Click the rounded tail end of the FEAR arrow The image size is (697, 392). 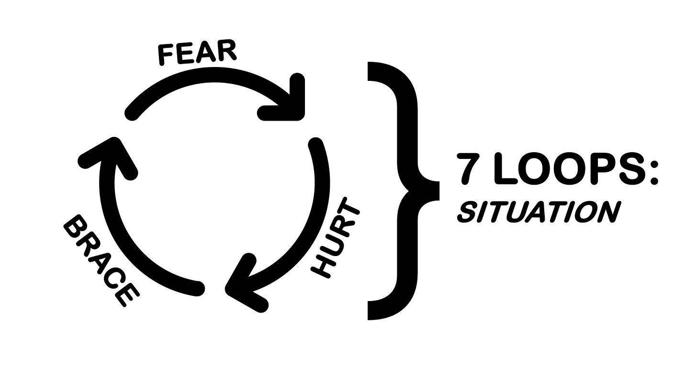coord(131,114)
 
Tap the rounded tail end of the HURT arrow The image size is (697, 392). coord(315,143)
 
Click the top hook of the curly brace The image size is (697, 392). coord(378,72)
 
